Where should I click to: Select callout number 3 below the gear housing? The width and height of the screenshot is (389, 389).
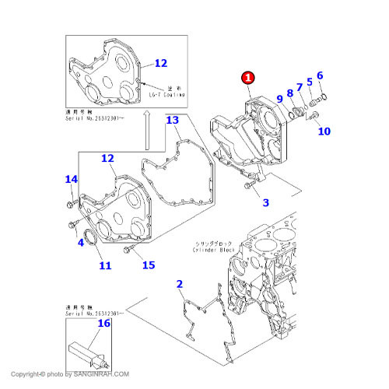(265, 203)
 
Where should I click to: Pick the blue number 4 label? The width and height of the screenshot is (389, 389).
(80, 242)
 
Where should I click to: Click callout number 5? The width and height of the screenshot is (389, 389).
(309, 82)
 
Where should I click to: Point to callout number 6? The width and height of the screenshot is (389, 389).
(319, 75)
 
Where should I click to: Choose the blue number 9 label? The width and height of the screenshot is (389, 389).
(280, 99)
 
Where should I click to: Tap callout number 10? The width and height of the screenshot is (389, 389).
(323, 131)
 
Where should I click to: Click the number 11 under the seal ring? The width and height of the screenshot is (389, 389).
(104, 266)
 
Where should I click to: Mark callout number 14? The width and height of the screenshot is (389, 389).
(71, 180)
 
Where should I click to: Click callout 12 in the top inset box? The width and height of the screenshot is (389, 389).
(160, 63)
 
